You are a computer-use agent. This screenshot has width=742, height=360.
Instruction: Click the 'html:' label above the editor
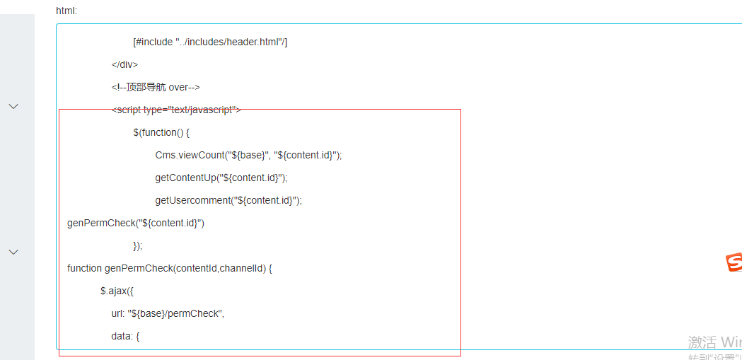coord(66,11)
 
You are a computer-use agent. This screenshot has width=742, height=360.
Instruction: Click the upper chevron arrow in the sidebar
coord(13,106)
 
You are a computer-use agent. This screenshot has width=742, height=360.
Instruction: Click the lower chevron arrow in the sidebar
coord(13,252)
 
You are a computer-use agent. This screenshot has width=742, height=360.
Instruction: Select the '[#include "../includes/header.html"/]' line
coord(210,42)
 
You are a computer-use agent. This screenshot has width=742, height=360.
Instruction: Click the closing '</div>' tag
coord(124,64)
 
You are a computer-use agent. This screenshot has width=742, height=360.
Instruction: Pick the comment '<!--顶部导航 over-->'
coord(156,87)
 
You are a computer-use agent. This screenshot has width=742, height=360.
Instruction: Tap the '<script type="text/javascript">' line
coord(176,110)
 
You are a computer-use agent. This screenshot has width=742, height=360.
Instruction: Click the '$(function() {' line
coord(161,132)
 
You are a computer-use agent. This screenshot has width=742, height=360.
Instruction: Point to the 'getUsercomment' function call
coord(192,200)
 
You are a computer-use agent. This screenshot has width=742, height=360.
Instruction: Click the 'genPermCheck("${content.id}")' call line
coord(136,223)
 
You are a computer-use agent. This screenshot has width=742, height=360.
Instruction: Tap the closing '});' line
coord(138,245)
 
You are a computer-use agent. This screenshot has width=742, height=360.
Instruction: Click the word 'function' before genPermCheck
coord(85,268)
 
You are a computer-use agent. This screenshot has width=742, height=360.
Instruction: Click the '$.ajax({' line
coord(117,291)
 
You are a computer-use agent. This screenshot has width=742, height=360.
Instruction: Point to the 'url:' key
coord(118,313)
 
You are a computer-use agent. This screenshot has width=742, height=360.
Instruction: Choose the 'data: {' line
coord(125,336)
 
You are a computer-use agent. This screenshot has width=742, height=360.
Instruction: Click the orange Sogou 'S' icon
coord(734,263)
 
